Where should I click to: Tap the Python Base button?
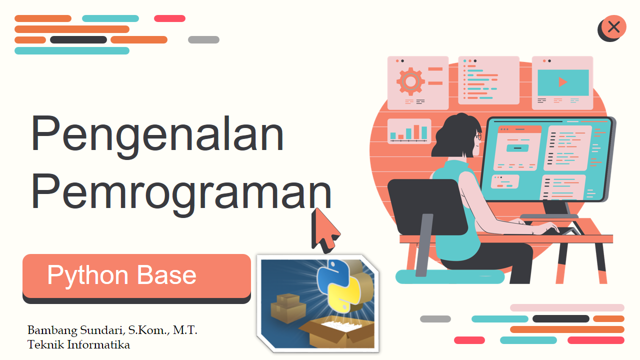coord(136,276)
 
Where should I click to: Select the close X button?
coord(613,27)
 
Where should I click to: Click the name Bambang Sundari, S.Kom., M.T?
coord(112,330)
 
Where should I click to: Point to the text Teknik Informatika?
coord(78,344)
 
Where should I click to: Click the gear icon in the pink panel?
coord(410,81)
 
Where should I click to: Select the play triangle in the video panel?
coord(563,81)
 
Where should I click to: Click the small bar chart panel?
coord(409,131)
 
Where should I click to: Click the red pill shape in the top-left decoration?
coord(169,18)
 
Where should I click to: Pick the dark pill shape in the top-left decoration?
coord(78,39)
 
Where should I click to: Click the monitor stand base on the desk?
coord(549,216)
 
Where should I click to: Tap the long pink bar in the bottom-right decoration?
coord(567,307)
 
